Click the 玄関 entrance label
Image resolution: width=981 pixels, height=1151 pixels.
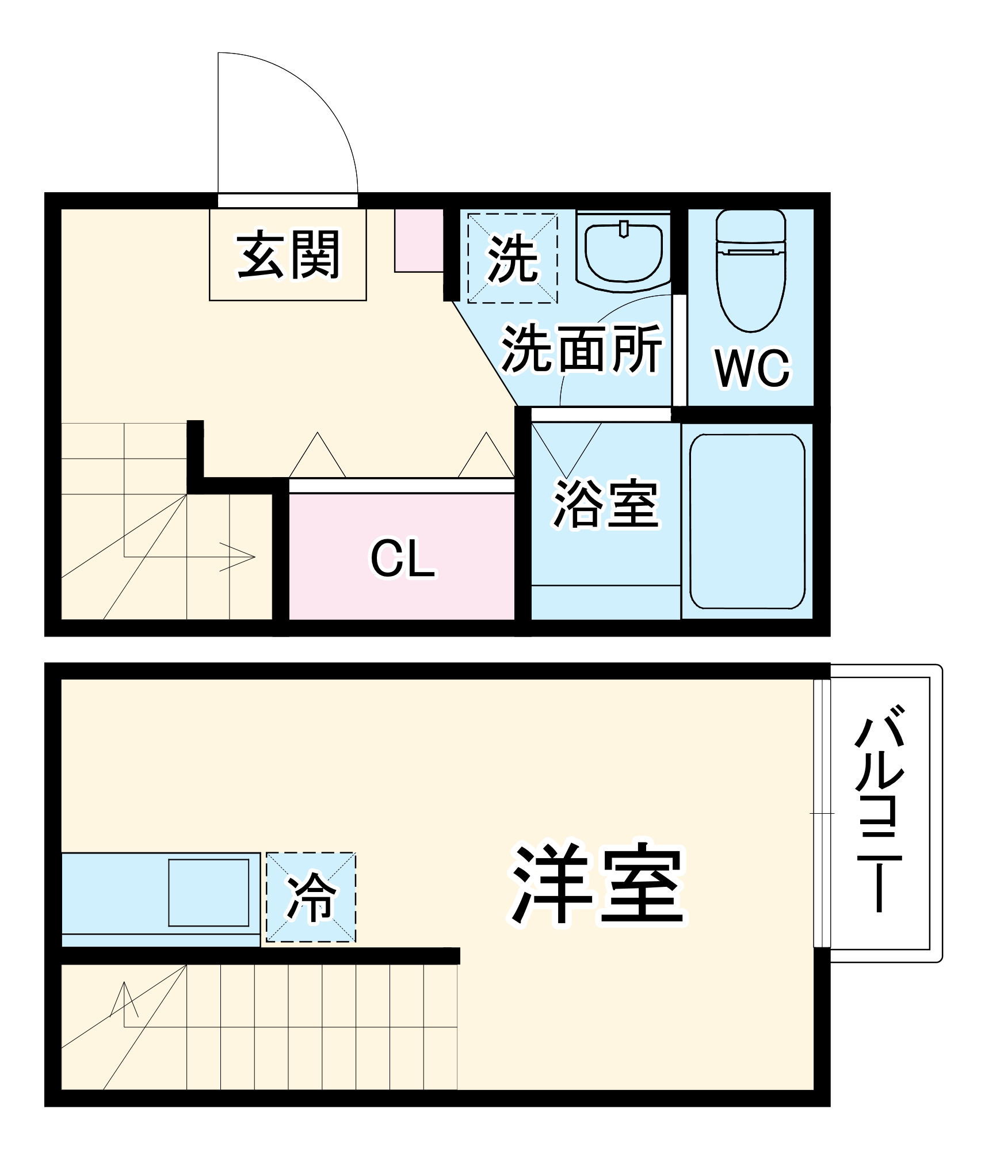288,255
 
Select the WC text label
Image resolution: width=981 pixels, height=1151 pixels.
752,368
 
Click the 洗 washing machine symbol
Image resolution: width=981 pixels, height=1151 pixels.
513,258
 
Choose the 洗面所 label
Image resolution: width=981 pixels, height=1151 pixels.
582,348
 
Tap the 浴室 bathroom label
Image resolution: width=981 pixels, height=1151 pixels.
605,503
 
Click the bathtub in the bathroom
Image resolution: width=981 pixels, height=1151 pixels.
747,521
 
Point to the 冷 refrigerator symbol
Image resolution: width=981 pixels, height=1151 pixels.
311,897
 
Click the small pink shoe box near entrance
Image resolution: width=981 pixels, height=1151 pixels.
418,240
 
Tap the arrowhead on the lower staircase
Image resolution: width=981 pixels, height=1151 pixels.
124,998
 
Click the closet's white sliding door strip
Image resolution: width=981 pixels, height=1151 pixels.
401,485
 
